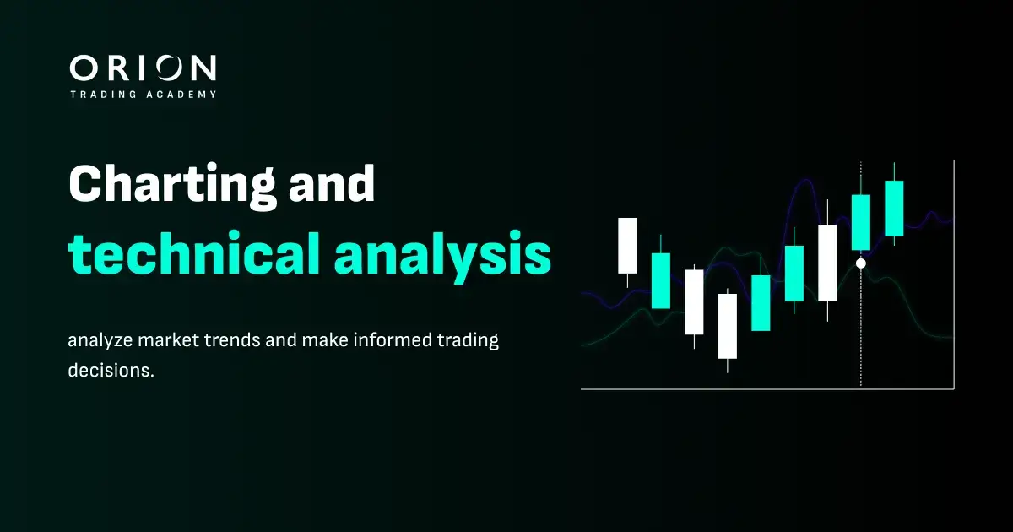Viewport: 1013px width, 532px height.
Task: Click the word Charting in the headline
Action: [172, 187]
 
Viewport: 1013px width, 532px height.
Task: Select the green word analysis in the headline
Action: [442, 258]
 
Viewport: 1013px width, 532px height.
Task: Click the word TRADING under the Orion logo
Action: [103, 94]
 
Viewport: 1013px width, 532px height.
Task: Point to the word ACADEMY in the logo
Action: [181, 94]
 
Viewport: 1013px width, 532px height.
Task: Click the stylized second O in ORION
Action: [169, 68]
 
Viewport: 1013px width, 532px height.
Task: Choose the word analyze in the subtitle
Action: [100, 340]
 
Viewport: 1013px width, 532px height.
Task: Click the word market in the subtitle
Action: [168, 339]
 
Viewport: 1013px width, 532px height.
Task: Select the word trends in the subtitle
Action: [232, 339]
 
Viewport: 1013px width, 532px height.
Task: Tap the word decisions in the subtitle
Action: [111, 370]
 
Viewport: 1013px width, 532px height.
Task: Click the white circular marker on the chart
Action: [861, 263]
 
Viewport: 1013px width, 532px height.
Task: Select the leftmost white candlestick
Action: [627, 246]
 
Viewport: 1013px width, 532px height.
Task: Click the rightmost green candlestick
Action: [894, 209]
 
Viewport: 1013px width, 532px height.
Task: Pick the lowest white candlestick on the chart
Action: [728, 326]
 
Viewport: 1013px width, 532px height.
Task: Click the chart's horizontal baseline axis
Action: [767, 388]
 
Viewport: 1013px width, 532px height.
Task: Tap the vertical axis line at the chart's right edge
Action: [954, 274]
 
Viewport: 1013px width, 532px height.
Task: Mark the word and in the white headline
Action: [332, 183]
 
